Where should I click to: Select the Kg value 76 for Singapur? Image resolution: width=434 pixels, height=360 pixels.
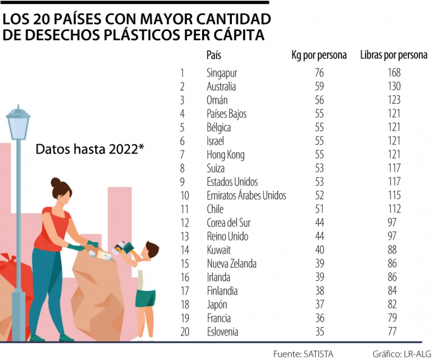coord(319,73)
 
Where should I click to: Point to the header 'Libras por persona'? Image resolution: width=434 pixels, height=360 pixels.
coord(393,55)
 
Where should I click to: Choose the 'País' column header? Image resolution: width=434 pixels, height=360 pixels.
coord(214,55)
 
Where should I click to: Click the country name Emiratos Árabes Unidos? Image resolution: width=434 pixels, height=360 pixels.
coord(246,195)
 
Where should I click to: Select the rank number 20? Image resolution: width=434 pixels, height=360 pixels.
coord(185,332)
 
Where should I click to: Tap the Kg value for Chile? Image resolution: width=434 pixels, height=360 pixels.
coord(319,209)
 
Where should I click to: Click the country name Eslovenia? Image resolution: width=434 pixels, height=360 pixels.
coord(222,332)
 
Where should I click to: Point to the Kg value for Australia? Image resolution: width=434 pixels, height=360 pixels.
coord(319,87)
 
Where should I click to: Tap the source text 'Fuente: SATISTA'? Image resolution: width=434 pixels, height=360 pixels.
coord(303,353)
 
